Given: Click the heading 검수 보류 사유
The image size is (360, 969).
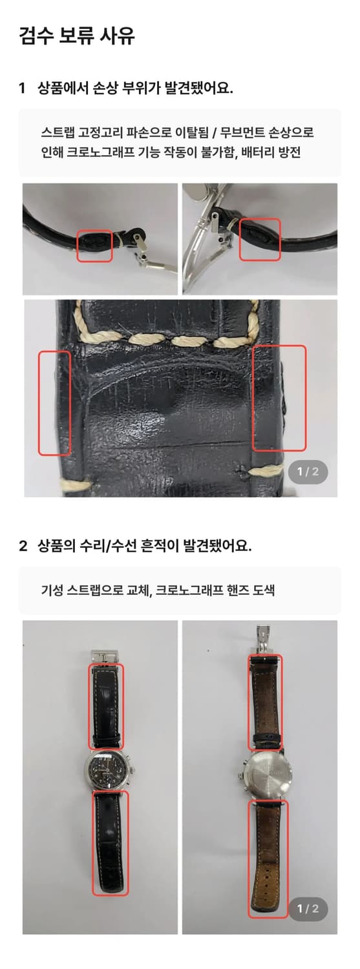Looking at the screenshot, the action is (76, 36).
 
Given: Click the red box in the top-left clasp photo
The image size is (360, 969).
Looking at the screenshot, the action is (95, 245).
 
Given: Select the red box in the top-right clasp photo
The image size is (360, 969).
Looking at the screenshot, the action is (260, 239).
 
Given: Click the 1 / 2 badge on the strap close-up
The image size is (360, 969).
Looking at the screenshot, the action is (308, 472).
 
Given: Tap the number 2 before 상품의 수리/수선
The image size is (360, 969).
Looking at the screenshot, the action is (23, 546).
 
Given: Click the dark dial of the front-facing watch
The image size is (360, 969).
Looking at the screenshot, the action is (107, 770).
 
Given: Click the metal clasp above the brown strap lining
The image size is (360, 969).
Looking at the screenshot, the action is (264, 638).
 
